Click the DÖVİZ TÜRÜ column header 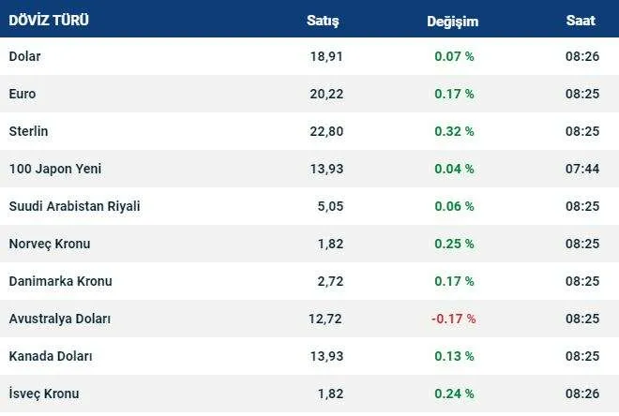coord(50,20)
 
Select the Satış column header coord(323,20)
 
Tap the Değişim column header coord(453,20)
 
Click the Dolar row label coord(25,56)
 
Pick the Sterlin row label coord(28,131)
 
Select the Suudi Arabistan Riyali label coord(74,206)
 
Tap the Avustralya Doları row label coord(60,319)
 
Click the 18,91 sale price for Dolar coord(326,56)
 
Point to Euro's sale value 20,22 coord(326,94)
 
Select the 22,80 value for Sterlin coord(326,131)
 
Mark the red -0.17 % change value coord(453,319)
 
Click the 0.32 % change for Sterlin coord(454,131)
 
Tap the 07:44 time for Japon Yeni coord(581,169)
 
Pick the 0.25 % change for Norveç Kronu coord(454,244)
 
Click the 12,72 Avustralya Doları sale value coord(325,319)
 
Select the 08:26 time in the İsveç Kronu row coord(581,394)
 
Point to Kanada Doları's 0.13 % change coord(454,356)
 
